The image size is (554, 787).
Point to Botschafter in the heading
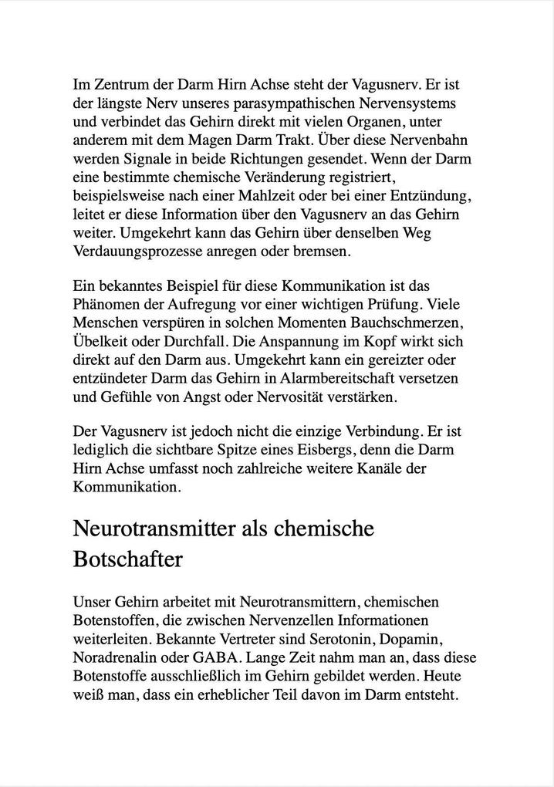127,559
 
